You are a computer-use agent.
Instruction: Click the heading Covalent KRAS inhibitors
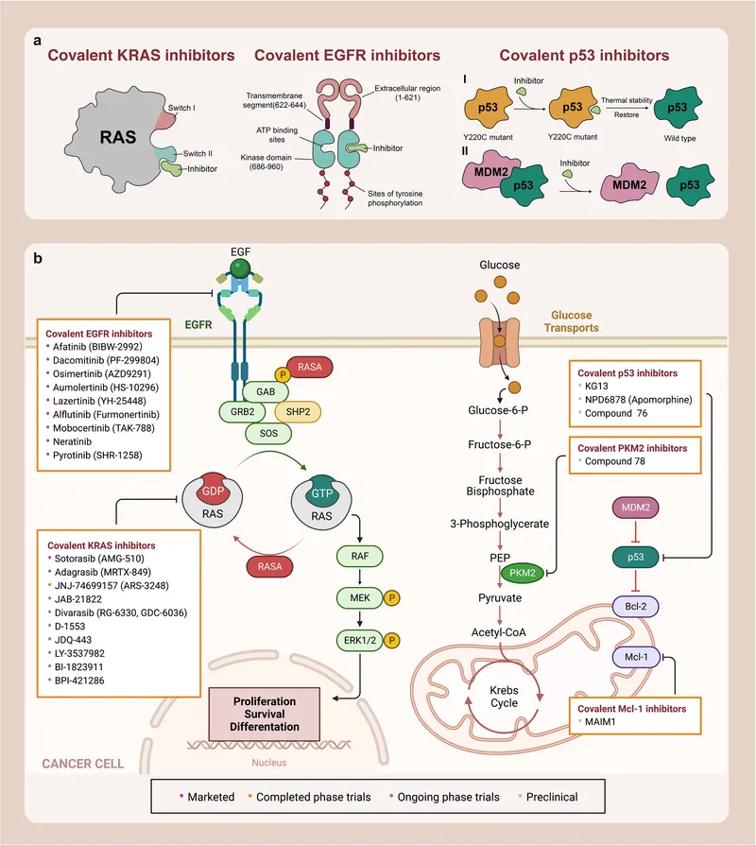(x=142, y=56)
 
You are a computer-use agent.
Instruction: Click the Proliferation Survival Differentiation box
(x=266, y=714)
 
